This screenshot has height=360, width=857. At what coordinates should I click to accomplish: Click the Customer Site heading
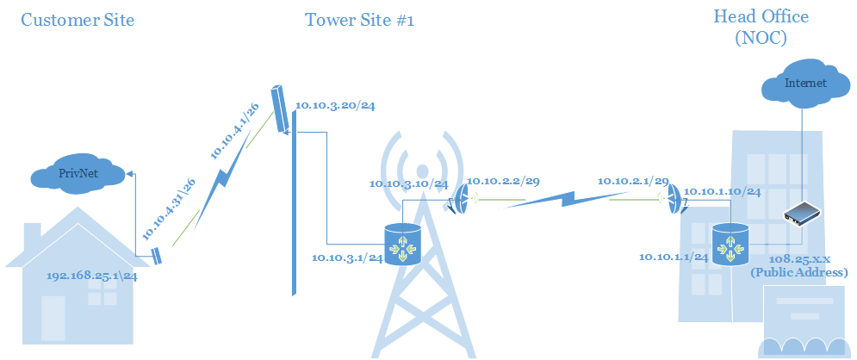click(x=78, y=20)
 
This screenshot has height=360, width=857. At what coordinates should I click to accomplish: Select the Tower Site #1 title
click(x=359, y=20)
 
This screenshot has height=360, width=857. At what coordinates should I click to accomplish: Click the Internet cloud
click(x=804, y=84)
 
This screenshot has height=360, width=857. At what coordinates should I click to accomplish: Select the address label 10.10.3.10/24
click(x=408, y=183)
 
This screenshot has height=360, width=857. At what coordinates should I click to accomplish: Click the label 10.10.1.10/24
click(x=721, y=191)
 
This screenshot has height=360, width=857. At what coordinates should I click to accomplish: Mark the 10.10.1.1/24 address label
click(x=674, y=257)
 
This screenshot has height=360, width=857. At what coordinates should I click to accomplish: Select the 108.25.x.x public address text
click(x=798, y=265)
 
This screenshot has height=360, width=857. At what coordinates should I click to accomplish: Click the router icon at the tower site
click(x=403, y=244)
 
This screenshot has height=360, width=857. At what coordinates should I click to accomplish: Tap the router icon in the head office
click(x=730, y=244)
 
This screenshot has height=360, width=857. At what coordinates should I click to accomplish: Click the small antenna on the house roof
click(x=157, y=256)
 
